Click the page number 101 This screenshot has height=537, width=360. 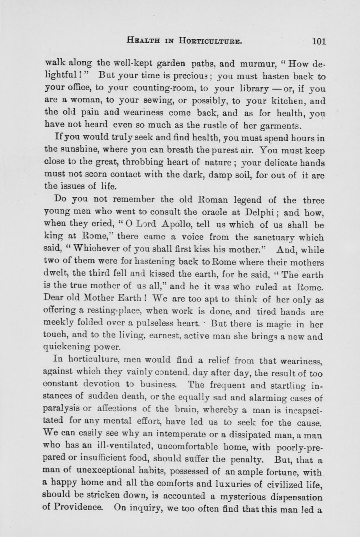point(318,41)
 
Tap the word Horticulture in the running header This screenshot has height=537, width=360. point(210,40)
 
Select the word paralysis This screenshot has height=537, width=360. point(64,410)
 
